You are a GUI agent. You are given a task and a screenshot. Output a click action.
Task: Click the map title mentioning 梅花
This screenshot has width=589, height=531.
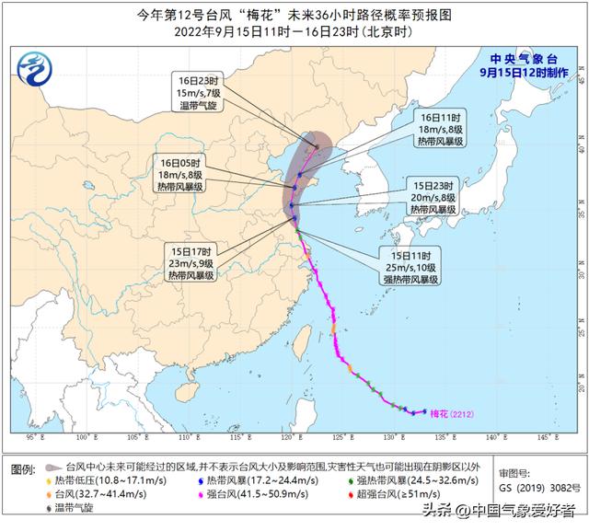tap(294, 13)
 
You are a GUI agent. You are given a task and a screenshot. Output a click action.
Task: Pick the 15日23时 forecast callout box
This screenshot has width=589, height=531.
tap(433, 198)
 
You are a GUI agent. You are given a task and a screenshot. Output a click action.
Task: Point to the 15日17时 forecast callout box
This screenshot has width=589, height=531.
tap(191, 260)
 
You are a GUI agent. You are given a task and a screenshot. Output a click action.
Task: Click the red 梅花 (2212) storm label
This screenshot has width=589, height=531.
tap(452, 413)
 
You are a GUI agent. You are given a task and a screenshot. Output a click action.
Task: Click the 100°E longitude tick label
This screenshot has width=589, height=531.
tap(84, 436)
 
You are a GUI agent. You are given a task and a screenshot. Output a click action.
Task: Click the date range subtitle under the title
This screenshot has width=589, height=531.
tap(294, 30)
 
